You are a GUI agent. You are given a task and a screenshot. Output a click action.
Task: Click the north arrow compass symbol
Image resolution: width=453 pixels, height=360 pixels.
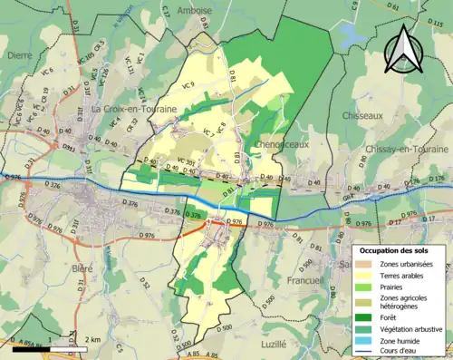click(400, 49)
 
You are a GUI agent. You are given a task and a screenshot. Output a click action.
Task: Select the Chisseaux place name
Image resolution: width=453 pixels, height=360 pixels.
click(365, 116)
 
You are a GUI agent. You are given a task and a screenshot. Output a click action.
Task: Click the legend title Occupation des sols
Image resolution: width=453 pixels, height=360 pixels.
click(395, 250)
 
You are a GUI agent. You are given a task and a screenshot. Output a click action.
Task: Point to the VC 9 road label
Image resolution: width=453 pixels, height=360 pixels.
click(189, 84)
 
